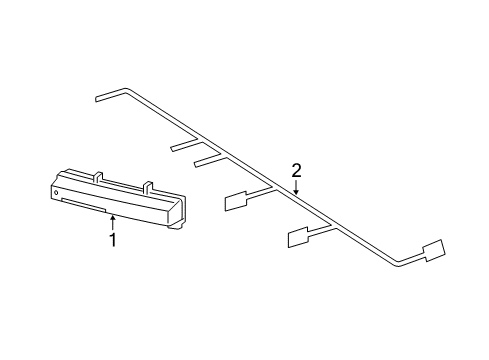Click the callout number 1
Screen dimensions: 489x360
pyautogui.click(x=113, y=240)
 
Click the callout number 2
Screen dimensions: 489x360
pyautogui.click(x=296, y=170)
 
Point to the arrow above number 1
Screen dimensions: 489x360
pyautogui.click(x=113, y=222)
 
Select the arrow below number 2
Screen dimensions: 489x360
pyautogui.click(x=296, y=187)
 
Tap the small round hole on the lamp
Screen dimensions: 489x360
pyautogui.click(x=56, y=192)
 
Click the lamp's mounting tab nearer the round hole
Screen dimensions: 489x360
pyautogui.click(x=98, y=177)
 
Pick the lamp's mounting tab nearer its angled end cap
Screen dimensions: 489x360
pyautogui.click(x=148, y=187)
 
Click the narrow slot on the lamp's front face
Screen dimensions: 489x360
pyautogui.click(x=84, y=205)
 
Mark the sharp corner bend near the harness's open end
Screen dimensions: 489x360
pyautogui.click(x=126, y=90)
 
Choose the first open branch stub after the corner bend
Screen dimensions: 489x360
pyautogui.click(x=184, y=144)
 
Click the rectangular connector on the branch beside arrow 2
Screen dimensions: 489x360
pyautogui.click(x=236, y=202)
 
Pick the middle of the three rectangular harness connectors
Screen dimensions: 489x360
pyautogui.click(x=298, y=237)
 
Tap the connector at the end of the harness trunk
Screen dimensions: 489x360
pyautogui.click(x=434, y=250)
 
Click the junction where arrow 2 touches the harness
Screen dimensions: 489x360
pyautogui.click(x=296, y=195)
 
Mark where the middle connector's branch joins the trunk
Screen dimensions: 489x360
pyautogui.click(x=333, y=227)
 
